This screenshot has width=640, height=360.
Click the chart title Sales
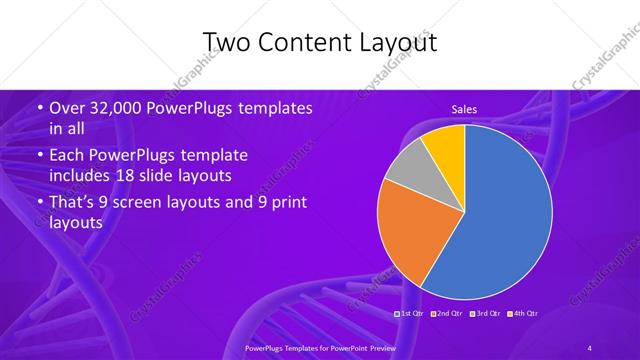coord(463,107)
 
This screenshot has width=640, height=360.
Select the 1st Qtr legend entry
coord(413,314)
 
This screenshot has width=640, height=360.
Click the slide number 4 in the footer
coord(590,347)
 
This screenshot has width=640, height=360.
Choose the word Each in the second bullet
coord(66,156)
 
